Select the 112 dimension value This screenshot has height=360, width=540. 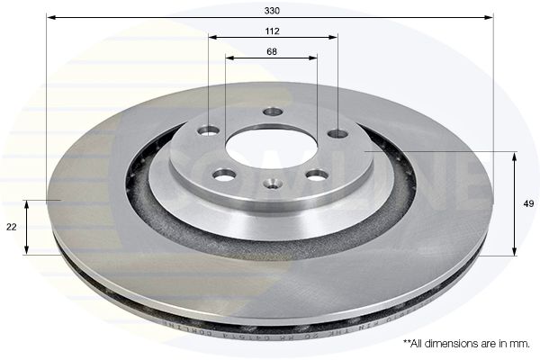[273, 31]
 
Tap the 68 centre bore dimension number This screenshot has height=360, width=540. [271, 51]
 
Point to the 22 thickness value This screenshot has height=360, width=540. [11, 228]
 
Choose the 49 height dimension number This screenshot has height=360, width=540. [528, 204]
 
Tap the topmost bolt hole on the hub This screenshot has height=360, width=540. [273, 112]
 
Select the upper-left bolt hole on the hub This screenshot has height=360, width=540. [209, 130]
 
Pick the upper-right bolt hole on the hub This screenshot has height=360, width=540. [337, 134]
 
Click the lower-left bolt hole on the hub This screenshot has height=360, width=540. [224, 174]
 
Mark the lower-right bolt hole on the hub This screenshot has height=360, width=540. [318, 175]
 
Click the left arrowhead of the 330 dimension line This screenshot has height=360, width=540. [49, 17]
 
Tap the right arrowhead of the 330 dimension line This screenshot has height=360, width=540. [490, 17]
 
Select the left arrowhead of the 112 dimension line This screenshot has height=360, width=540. [211, 38]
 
